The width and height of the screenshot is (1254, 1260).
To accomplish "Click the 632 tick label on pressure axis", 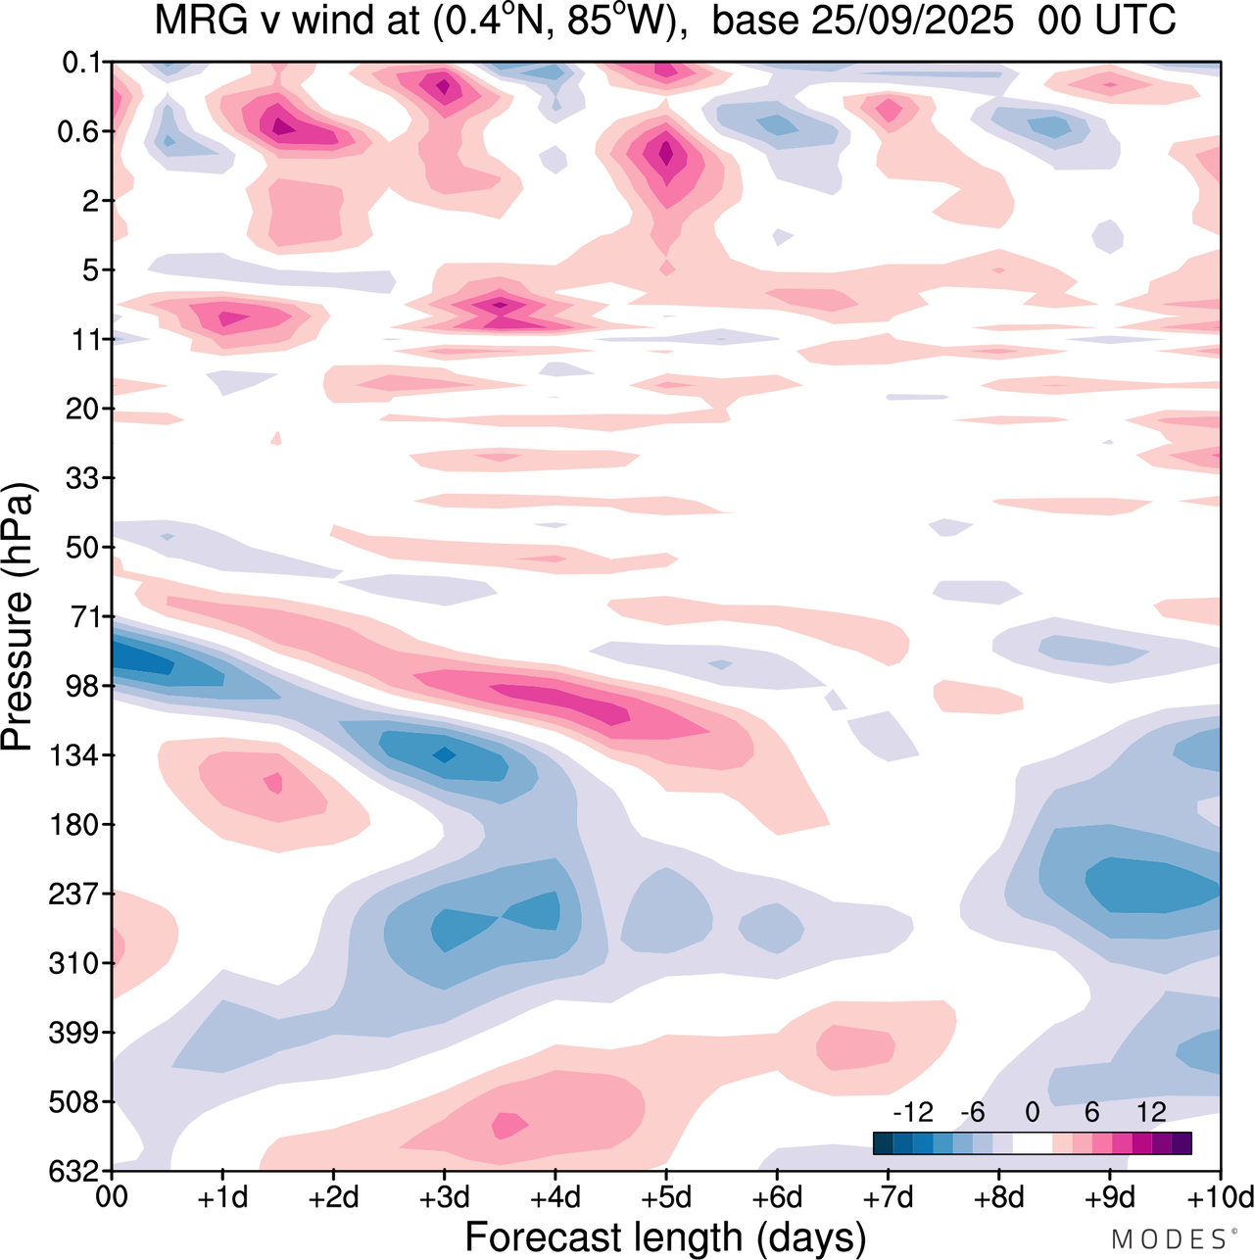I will point(76,1171).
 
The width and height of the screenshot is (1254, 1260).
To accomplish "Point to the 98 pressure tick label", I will point(82,686).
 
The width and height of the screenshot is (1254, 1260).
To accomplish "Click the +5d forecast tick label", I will point(666,1197).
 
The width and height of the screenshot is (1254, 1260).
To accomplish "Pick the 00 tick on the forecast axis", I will point(113,1197).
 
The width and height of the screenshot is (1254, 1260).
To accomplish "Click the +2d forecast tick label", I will point(333,1197).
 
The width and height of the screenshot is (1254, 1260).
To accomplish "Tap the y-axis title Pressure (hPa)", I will point(18,617).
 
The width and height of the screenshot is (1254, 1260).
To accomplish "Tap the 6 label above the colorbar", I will point(1091,1112).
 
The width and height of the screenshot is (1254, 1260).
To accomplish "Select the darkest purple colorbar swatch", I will point(1182,1142).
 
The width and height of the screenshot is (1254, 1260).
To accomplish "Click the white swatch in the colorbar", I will point(1032,1142).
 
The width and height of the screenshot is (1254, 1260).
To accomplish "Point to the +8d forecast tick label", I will point(999,1197).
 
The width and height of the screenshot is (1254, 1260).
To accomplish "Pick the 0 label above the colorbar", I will point(1032,1112).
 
